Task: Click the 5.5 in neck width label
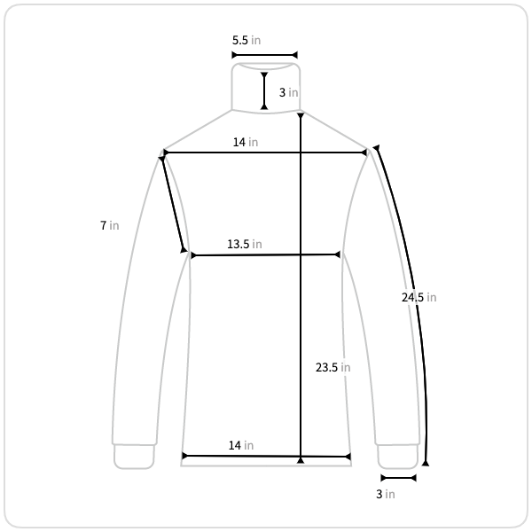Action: click(246, 41)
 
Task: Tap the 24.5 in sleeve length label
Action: click(419, 298)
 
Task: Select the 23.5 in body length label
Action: click(332, 367)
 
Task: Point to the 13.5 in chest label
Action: click(245, 244)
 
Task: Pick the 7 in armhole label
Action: click(110, 225)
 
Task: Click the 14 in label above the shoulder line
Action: click(246, 142)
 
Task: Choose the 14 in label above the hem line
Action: click(241, 445)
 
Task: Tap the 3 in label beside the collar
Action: click(288, 92)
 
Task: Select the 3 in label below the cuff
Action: click(386, 495)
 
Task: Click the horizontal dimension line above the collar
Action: click(264, 55)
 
